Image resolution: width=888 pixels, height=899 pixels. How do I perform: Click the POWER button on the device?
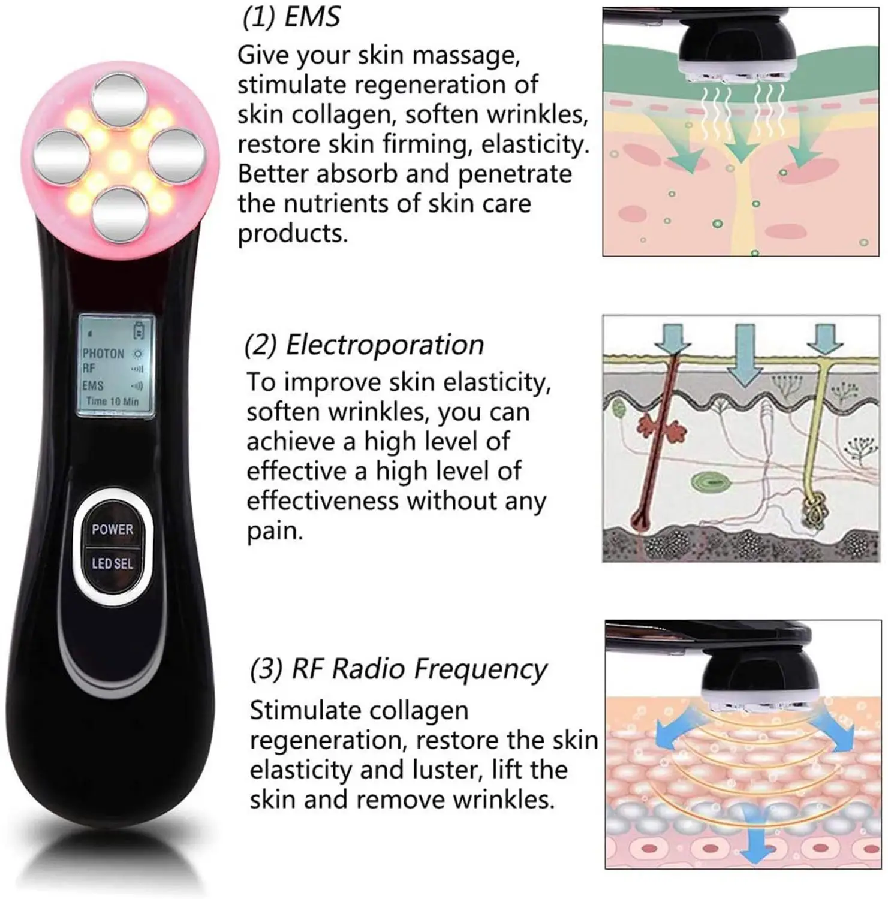coord(112,529)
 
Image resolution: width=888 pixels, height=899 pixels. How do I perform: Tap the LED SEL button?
coord(112,563)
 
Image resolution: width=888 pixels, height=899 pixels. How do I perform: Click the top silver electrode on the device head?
coord(121,99)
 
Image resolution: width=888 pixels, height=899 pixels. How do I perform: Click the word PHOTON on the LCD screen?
coord(103,354)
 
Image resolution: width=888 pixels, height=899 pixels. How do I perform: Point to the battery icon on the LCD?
coord(139,330)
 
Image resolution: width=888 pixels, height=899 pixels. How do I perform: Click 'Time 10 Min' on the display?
coord(112,402)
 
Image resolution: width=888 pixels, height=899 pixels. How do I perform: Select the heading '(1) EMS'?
coord(291,17)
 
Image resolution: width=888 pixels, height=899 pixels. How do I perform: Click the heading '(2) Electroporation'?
coord(364,345)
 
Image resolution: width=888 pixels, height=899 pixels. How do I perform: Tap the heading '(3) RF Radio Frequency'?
coord(398,669)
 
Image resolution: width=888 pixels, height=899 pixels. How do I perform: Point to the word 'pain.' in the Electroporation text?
coord(275,532)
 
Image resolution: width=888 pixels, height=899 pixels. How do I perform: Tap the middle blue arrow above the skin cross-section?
coord(745,354)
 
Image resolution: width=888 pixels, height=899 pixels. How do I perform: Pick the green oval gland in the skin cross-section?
coord(708,481)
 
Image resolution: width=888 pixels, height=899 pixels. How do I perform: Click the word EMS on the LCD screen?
coord(93,385)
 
